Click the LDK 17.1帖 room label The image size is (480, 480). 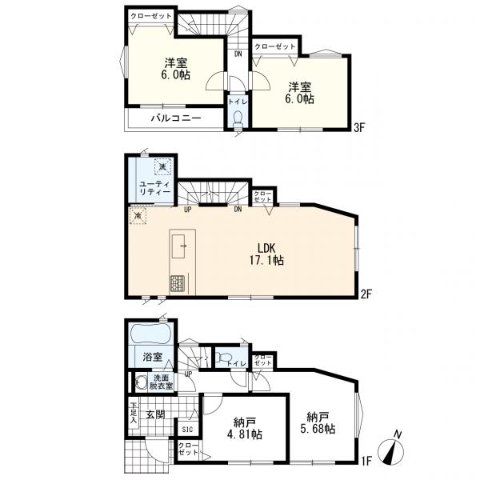pyautogui.click(x=266, y=254)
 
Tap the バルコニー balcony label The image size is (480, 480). pyautogui.click(x=176, y=118)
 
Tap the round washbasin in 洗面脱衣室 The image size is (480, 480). pyautogui.click(x=141, y=382)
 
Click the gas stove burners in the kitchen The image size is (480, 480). pyautogui.click(x=177, y=283)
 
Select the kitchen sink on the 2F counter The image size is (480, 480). pyautogui.click(x=178, y=246)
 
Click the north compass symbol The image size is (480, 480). pyautogui.click(x=391, y=448)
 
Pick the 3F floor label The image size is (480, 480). pyautogui.click(x=359, y=127)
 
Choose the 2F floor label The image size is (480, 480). pyautogui.click(x=366, y=294)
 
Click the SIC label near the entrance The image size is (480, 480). pyautogui.click(x=187, y=429)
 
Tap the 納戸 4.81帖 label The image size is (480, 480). pyautogui.click(x=244, y=429)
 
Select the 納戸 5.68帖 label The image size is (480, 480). pyautogui.click(x=318, y=422)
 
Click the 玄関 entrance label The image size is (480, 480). pyautogui.click(x=155, y=414)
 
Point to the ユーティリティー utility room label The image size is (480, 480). pyautogui.click(x=155, y=188)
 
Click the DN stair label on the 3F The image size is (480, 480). pyautogui.click(x=238, y=54)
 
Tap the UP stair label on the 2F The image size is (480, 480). pyautogui.click(x=188, y=210)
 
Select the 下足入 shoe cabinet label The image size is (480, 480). pyautogui.click(x=133, y=412)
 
